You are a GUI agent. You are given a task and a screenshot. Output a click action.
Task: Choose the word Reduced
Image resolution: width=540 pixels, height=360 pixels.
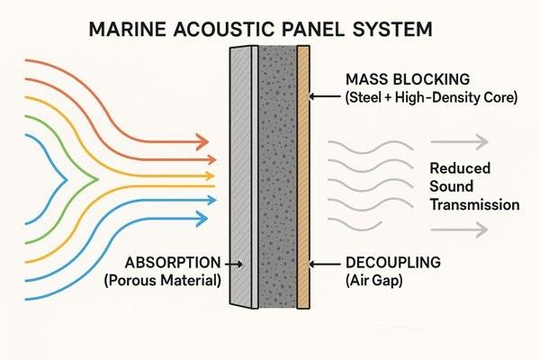tap(461, 167)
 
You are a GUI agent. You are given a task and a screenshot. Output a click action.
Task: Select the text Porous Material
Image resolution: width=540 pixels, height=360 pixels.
tap(163, 280)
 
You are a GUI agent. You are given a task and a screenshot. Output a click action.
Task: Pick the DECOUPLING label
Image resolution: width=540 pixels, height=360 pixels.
tap(393, 263)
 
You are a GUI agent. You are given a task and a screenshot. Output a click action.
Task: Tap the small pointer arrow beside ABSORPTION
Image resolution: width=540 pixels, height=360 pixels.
tap(236, 264)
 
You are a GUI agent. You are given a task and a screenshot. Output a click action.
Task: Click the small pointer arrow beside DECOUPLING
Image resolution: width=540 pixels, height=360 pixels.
tap(313, 264)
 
